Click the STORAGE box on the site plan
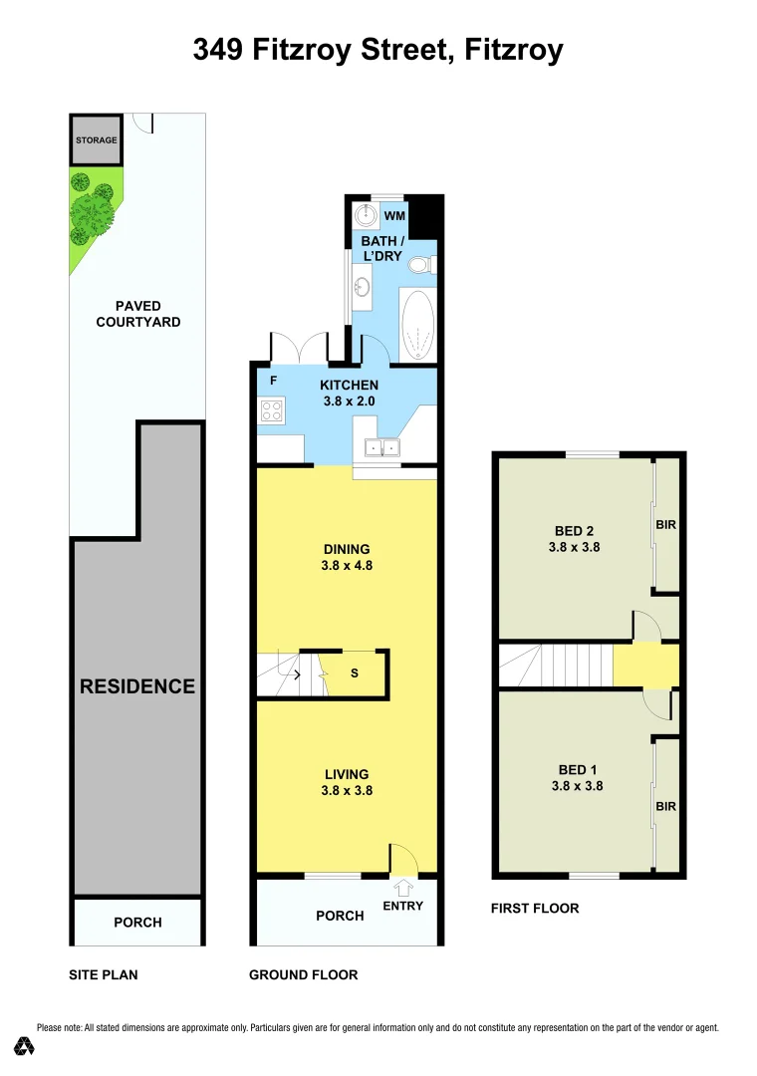97,139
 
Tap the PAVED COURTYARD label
137,314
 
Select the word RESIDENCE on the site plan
137,686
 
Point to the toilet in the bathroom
420,265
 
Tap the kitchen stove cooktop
272,408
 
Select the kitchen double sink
380,447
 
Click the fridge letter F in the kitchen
274,380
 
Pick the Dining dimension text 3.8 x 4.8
347,565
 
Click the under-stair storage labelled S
354,673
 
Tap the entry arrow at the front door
403,885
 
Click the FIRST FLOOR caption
535,909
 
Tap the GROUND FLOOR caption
303,975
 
